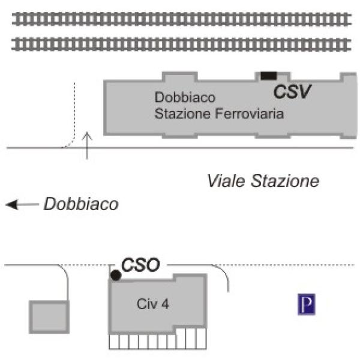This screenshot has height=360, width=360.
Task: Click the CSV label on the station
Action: pyautogui.click(x=293, y=92)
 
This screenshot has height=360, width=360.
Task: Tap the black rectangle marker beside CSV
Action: pyautogui.click(x=268, y=75)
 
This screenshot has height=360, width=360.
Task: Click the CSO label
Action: pyautogui.click(x=140, y=265)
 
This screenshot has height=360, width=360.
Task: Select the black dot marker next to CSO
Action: pyautogui.click(x=116, y=275)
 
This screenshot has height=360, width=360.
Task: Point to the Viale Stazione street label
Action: pyautogui.click(x=263, y=181)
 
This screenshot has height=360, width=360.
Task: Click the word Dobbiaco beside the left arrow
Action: pyautogui.click(x=81, y=204)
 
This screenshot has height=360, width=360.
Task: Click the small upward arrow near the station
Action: pyautogui.click(x=88, y=145)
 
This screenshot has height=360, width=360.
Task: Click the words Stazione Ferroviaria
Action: pyautogui.click(x=219, y=113)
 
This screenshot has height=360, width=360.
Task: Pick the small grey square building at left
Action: pyautogui.click(x=49, y=317)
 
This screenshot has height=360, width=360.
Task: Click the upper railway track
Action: pyautogui.click(x=180, y=19)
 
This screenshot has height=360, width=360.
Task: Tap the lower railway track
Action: pyautogui.click(x=180, y=43)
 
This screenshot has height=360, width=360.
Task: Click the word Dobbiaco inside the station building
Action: pyautogui.click(x=184, y=97)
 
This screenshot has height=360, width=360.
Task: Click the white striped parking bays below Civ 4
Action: pyautogui.click(x=157, y=340)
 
